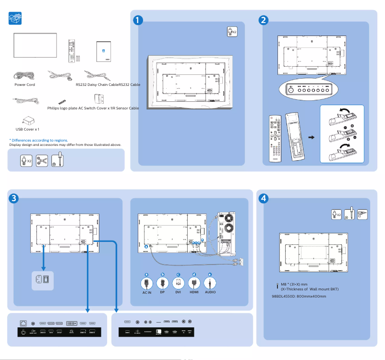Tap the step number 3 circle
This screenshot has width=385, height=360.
pyautogui.click(x=14, y=198)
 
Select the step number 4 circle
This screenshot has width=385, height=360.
pyautogui.click(x=263, y=198)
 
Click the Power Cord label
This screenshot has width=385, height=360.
pyautogui.click(x=24, y=84)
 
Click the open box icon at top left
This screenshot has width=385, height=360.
pyautogui.click(x=16, y=19)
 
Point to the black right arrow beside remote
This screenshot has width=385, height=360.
pyautogui.click(x=311, y=137)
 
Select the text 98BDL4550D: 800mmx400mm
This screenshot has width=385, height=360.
pyautogui.click(x=299, y=296)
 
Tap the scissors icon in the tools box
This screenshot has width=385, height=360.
pyautogui.click(x=42, y=160)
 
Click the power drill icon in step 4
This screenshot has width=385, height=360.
pyautogui.click(x=362, y=214)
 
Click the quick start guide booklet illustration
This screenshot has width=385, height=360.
pyautogui.click(x=104, y=52)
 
